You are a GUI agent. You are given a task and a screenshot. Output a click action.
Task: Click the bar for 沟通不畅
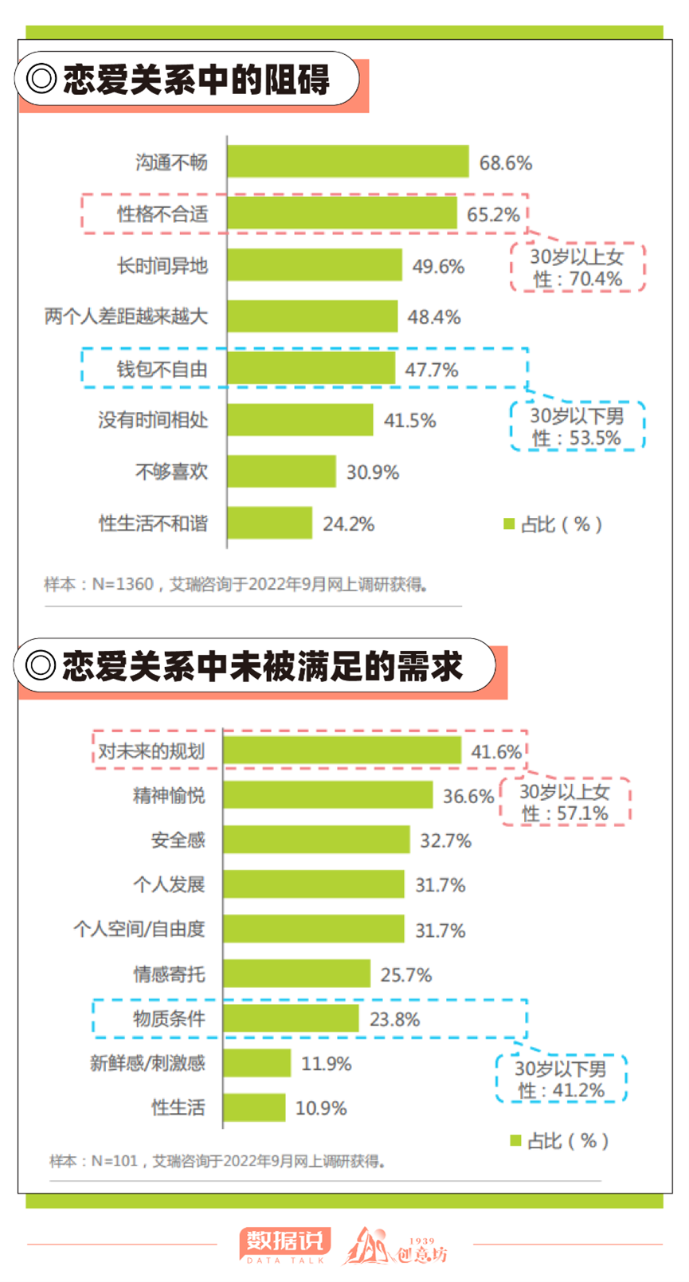tap(348, 162)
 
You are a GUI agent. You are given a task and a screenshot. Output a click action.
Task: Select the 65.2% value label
tap(493, 214)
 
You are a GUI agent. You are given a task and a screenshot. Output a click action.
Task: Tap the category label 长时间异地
tap(162, 265)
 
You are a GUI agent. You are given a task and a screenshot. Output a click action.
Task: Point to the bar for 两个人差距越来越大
tap(312, 316)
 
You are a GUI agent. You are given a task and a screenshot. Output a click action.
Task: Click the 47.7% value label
tap(432, 370)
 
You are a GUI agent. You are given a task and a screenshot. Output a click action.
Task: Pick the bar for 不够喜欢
tap(281, 471)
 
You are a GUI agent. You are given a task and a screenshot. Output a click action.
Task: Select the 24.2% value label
tap(349, 523)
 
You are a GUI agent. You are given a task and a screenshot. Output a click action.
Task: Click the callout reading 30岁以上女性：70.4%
tap(577, 267)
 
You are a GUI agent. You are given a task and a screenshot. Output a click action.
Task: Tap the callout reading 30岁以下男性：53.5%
tap(577, 426)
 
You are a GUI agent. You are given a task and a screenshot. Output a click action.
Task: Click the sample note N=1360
tap(236, 584)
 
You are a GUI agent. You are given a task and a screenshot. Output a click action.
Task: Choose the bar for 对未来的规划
tap(343, 750)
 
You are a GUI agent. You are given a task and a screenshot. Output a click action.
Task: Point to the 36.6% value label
tap(468, 796)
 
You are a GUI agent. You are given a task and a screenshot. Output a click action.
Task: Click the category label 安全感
tap(178, 840)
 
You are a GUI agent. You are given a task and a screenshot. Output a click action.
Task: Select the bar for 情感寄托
tap(297, 974)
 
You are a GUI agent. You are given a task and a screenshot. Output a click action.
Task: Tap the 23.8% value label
tap(395, 1019)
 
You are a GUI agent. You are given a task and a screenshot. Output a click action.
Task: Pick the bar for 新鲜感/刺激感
tap(257, 1063)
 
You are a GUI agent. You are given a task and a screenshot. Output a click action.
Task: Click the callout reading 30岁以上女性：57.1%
tap(566, 802)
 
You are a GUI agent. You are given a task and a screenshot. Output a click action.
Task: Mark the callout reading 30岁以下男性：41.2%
tap(561, 1079)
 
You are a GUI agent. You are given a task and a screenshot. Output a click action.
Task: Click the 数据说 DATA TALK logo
tap(285, 1245)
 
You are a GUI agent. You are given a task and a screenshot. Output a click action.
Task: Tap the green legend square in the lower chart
tap(515, 1141)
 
